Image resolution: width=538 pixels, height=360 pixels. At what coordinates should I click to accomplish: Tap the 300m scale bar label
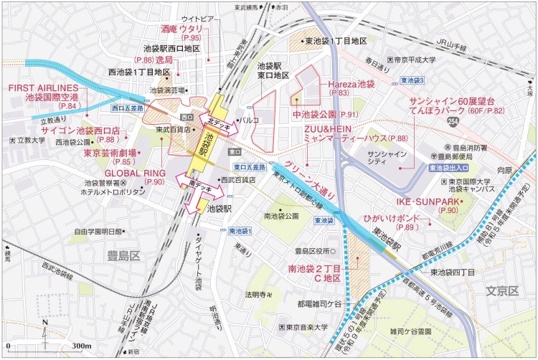tap(80, 346)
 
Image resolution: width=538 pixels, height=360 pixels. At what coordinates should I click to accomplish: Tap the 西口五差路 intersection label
tap(128, 108)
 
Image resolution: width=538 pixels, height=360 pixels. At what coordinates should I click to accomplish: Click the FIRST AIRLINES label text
tap(43, 87)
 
